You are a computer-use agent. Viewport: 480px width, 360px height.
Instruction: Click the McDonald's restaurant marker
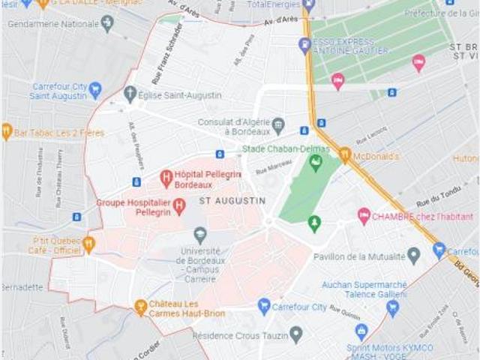click(345, 154)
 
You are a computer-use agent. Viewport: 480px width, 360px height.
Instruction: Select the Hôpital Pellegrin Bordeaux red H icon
click(166, 178)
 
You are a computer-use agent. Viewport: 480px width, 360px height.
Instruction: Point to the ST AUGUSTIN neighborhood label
click(232, 201)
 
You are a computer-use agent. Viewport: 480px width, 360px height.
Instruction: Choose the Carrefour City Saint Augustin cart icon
click(94, 90)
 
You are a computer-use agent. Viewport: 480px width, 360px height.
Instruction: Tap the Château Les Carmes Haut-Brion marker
click(140, 307)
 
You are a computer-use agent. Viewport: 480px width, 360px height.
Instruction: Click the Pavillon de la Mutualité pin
click(413, 256)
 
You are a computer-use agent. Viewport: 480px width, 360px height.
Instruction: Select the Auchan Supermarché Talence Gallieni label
click(364, 289)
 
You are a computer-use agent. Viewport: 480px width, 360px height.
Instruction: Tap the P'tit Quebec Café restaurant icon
click(88, 244)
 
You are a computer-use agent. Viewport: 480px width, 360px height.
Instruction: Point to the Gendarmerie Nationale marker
click(107, 23)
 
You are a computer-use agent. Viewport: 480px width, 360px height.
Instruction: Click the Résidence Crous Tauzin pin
click(296, 334)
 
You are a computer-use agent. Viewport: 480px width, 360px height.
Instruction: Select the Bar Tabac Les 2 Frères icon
click(7, 132)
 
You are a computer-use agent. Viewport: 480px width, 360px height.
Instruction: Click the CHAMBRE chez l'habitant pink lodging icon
click(364, 216)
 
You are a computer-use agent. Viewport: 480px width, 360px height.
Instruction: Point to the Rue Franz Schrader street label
click(167, 43)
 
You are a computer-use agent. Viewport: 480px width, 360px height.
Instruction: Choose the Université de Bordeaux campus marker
click(199, 235)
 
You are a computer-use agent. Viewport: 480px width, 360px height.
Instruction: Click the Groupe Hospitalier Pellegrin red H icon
click(178, 205)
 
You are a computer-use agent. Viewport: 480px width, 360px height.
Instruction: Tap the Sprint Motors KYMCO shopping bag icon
click(361, 331)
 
